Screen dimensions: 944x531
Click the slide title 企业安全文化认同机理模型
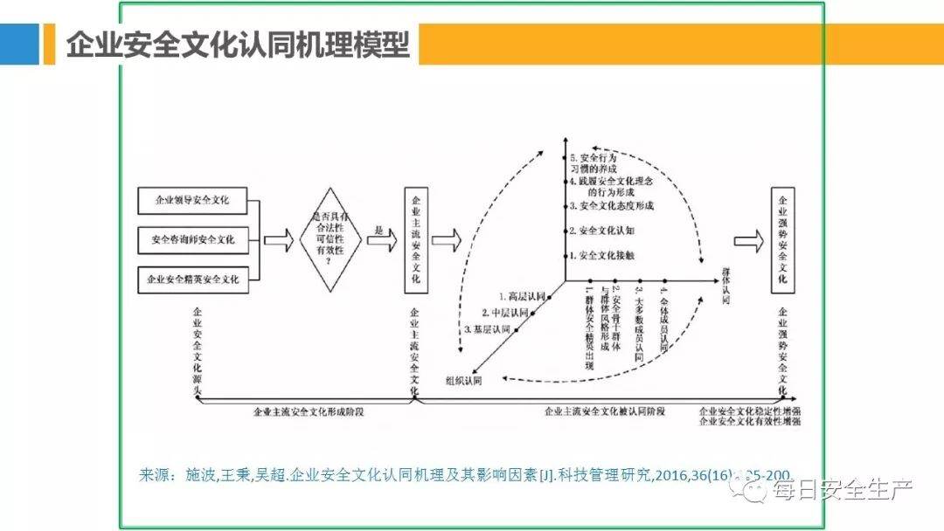[x=238, y=44]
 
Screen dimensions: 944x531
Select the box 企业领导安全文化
[x=193, y=200]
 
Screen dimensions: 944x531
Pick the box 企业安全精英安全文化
[x=193, y=279]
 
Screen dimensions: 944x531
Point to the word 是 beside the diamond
[x=379, y=229]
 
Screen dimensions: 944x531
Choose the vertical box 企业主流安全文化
[x=415, y=240]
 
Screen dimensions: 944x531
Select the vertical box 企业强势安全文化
[x=783, y=240]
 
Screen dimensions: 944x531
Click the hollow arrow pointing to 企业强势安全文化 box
[x=747, y=240]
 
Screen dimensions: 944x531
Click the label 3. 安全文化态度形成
[x=611, y=207]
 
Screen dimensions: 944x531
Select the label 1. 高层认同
[x=522, y=297]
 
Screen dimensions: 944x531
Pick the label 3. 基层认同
[x=488, y=329]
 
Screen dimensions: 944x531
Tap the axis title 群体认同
[x=725, y=285]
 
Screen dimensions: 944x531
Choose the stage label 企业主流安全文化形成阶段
[x=307, y=410]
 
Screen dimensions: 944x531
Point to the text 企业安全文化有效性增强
[x=749, y=421]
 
